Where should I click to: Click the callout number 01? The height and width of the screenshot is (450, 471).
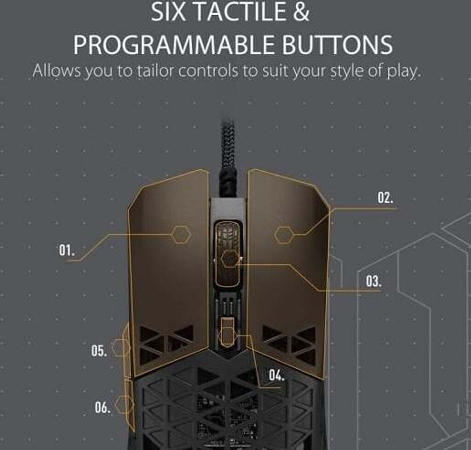(66, 250)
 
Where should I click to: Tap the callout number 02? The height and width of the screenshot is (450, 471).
(385, 198)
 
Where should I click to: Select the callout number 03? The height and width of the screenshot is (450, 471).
(373, 282)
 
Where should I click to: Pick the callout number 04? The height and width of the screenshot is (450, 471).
(276, 375)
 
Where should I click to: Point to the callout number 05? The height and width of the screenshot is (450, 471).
(99, 351)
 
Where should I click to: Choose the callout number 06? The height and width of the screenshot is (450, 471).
(103, 407)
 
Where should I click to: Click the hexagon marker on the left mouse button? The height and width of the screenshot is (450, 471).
(181, 234)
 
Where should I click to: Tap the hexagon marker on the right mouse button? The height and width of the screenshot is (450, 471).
(284, 235)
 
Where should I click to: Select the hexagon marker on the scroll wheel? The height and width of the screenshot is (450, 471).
(230, 259)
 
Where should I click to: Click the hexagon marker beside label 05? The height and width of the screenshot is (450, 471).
(121, 348)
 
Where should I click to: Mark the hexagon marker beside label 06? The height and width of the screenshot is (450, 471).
(124, 404)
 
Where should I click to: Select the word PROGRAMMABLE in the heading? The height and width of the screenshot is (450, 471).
(174, 45)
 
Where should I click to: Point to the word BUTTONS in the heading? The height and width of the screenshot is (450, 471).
(337, 45)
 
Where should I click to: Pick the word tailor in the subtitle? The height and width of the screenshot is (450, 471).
(155, 71)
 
